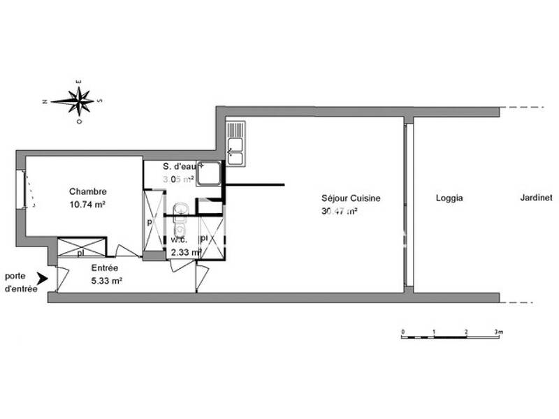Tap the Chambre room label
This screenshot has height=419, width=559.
[x=87, y=191]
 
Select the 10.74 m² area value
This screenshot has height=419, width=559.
[x=87, y=205]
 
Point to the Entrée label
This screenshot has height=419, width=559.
[x=105, y=268]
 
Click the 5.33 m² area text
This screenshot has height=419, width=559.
[x=107, y=281]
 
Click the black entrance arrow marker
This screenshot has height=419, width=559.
[x=43, y=278]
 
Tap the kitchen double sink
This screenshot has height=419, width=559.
[x=236, y=144]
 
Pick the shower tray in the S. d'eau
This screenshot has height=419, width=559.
[x=209, y=173]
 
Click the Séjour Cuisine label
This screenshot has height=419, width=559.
[x=351, y=198]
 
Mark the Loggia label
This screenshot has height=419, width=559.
[x=449, y=198]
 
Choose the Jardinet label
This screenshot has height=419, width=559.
[x=536, y=198]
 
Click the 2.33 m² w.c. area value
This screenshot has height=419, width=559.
[x=183, y=252]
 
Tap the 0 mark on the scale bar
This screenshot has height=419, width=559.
[x=402, y=331]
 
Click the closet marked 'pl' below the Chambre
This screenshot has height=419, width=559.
[x=80, y=248]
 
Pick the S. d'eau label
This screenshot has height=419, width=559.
[x=180, y=167]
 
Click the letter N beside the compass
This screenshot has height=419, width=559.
[x=45, y=102]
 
